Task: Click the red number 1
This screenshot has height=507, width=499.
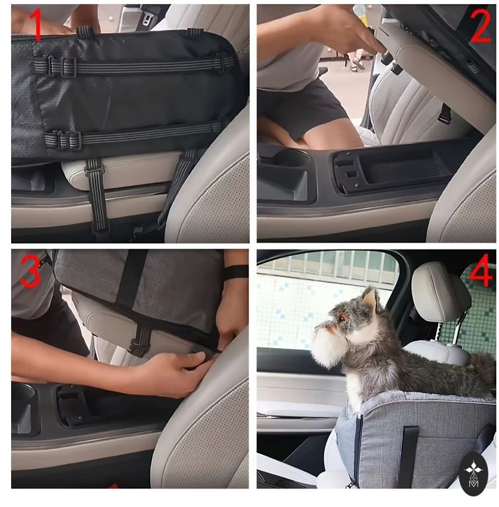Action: coord(36,24)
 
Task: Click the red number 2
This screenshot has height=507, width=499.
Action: coord(480,27)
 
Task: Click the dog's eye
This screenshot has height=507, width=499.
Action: coord(342,318)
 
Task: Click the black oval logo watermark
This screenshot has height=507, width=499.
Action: coord(473,475)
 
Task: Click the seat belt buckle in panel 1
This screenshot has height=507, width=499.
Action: coord(147,18)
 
